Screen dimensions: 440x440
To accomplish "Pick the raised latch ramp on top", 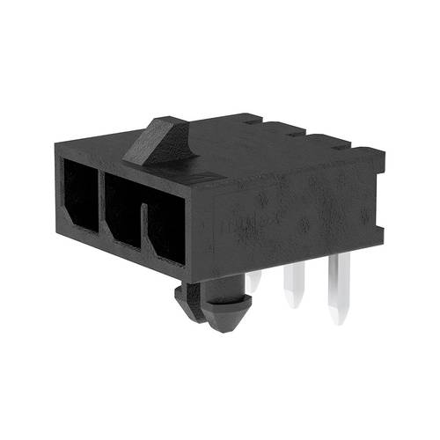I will click(x=164, y=141).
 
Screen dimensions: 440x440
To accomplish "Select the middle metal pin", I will click(x=293, y=286).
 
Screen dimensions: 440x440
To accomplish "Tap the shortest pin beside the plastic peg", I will click(x=253, y=281).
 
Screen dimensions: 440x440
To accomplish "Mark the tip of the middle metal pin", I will click(x=294, y=304).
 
